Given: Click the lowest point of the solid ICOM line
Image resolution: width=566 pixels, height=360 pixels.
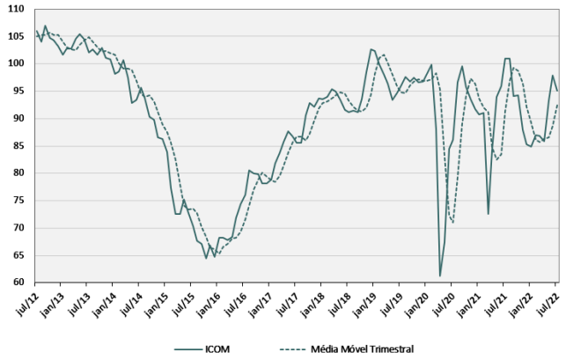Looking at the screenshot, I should click(x=440, y=276).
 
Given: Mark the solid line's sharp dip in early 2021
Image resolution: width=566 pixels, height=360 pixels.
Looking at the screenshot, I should click(x=488, y=214).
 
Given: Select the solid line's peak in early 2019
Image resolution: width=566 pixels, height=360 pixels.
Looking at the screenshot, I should click(x=371, y=49).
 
